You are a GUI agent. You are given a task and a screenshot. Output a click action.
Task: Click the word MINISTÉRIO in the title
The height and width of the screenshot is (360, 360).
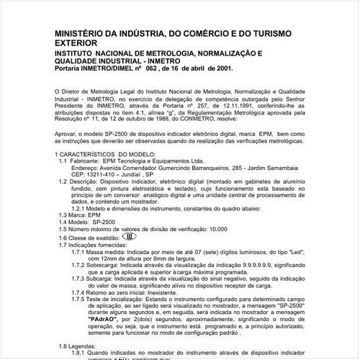[83, 35]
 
